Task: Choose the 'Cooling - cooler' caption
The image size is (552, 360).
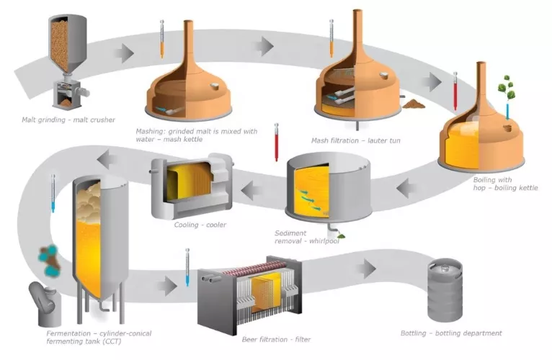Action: click(200, 225)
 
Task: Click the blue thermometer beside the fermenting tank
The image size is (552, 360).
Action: click(52, 193)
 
